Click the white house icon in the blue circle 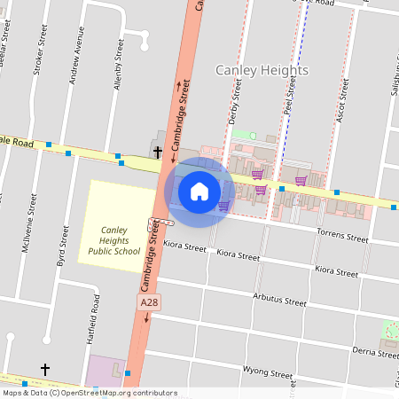pos(199,191)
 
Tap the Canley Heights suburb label pos(262,70)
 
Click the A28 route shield pos(149,303)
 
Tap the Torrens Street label pos(341,238)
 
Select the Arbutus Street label pos(279,299)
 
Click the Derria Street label pos(375,351)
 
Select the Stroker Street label pos(38,56)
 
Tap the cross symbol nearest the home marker pos(158,153)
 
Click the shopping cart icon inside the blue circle pos(223,206)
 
